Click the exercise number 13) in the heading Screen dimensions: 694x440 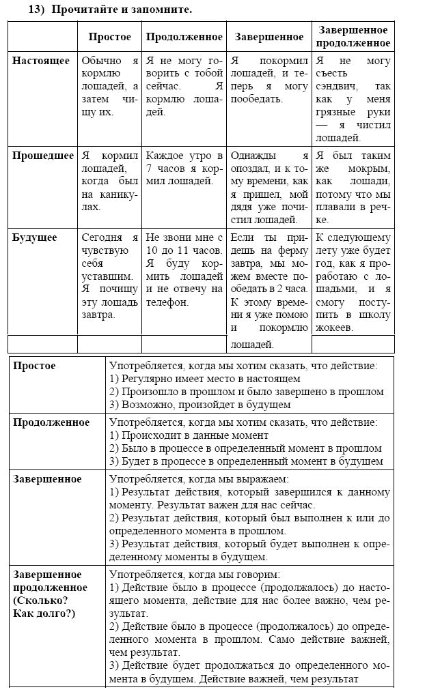pyautogui.click(x=35, y=10)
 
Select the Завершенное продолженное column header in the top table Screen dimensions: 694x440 pyautogui.click(x=353, y=36)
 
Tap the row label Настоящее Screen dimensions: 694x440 pyautogui.click(x=40, y=61)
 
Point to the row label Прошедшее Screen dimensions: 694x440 pyautogui.click(x=42, y=156)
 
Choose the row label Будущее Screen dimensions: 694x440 pyautogui.click(x=35, y=237)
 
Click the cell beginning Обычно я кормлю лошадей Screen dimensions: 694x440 pyautogui.click(x=109, y=86)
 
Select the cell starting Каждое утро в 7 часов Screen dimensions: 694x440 pyautogui.click(x=184, y=168)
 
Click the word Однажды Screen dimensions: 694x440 pyautogui.click(x=253, y=156)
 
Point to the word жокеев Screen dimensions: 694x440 pyautogui.click(x=334, y=327)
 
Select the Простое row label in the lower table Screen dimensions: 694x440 pyautogui.click(x=34, y=366)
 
